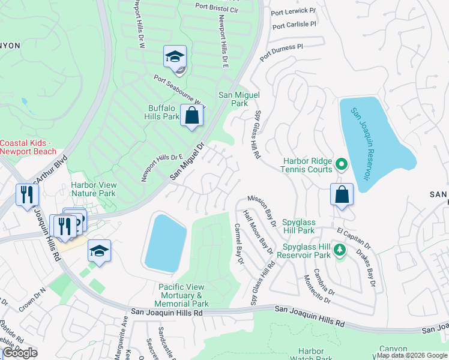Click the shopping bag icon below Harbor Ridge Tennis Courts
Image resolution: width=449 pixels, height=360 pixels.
tap(342, 194)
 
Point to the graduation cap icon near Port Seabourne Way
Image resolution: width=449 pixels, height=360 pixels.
tap(175, 57)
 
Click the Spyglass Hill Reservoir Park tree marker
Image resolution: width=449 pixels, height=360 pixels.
tap(340, 249)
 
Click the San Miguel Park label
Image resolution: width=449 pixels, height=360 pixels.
tap(233, 99)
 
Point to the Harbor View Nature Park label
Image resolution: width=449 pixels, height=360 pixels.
tap(93, 190)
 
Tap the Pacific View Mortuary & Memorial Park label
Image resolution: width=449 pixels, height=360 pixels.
tap(184, 296)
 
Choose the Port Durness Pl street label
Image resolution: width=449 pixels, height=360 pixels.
tap(281, 52)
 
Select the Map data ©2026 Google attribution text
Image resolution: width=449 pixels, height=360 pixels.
tap(412, 356)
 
